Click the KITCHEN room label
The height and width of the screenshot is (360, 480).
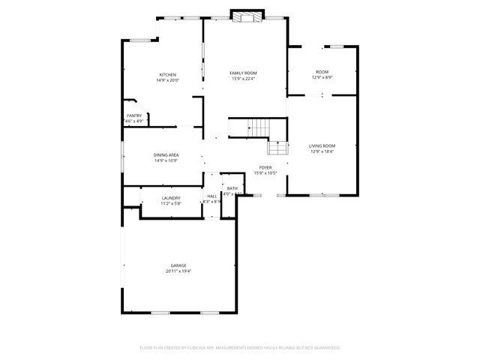tap(167, 74)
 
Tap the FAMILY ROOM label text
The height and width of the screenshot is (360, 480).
tap(244, 73)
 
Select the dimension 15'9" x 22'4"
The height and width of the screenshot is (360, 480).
tap(244, 79)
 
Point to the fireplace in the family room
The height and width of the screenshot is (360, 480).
tap(247, 16)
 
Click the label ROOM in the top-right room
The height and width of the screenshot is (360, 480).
tap(322, 71)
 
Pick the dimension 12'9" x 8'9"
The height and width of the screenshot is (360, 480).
tap(322, 77)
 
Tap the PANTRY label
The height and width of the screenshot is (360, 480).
tap(134, 115)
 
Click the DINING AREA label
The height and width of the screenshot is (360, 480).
tap(166, 154)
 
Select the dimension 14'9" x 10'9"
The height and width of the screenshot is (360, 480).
tap(166, 160)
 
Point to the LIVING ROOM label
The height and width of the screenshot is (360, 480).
tap(322, 145)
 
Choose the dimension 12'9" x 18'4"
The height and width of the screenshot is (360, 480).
tap(322, 151)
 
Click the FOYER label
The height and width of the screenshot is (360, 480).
tap(265, 167)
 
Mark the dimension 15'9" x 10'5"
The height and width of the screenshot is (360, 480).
tap(265, 173)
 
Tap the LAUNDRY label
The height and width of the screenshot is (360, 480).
tap(171, 198)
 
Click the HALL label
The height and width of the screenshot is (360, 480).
tap(212, 196)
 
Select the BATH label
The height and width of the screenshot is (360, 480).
tap(232, 188)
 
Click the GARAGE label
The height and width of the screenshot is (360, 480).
tap(178, 265)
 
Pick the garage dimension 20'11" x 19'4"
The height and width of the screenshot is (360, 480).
tap(178, 271)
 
